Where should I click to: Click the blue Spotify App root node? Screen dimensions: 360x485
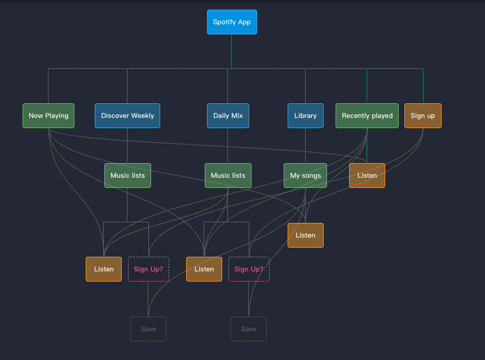[x=232, y=22]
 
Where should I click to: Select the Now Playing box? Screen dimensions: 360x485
[x=48, y=116]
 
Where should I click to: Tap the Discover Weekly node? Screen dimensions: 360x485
[x=127, y=116]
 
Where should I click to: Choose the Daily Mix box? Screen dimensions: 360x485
[x=228, y=116]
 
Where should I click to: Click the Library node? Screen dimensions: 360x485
[x=305, y=116]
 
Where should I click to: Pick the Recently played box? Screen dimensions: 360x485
[x=367, y=116]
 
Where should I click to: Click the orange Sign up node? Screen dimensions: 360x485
[x=422, y=116]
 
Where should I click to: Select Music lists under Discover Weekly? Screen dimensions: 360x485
[x=127, y=175]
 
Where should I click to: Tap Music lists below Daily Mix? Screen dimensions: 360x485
[x=228, y=175]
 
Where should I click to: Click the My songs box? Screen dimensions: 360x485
[x=305, y=175]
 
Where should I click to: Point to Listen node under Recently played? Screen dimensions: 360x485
[x=367, y=175]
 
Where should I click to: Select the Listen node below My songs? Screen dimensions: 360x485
[x=305, y=235]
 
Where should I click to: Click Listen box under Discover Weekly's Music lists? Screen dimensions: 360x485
[x=104, y=269]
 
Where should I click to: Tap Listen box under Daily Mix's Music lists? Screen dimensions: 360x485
[x=204, y=269]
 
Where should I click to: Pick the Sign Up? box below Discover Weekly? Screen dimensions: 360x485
[x=148, y=269]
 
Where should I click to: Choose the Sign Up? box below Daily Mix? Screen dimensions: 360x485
[x=249, y=269]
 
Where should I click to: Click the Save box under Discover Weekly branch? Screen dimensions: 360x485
[x=148, y=329]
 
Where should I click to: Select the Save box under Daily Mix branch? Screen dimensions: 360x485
[x=249, y=329]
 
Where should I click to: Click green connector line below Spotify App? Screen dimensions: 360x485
[x=232, y=51]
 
